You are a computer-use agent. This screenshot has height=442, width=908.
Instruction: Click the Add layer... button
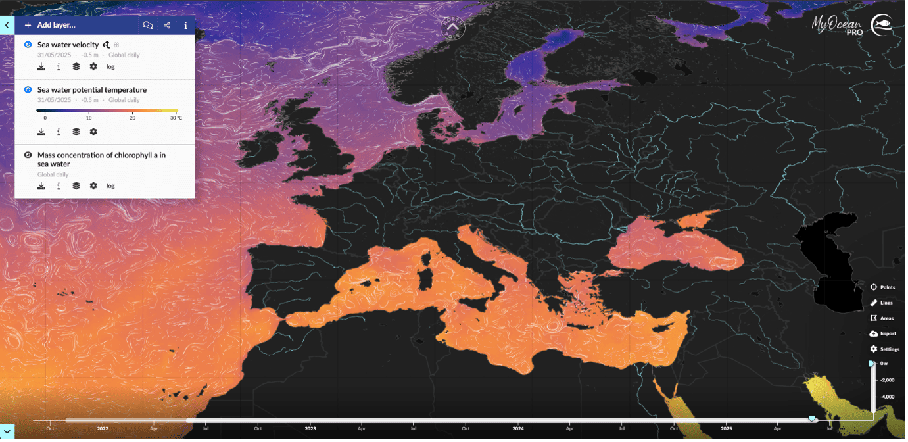[50, 25]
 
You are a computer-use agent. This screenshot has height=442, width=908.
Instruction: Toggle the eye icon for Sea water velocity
[28, 45]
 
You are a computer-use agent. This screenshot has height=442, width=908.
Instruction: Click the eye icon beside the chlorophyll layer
[28, 155]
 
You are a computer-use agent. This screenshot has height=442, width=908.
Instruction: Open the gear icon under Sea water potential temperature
[93, 132]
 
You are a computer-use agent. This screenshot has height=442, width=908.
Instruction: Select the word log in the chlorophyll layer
[110, 186]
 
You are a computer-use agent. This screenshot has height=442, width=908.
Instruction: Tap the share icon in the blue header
[167, 26]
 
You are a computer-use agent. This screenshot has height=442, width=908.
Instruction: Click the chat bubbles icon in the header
[148, 26]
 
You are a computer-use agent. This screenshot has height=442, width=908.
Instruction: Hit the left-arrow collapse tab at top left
[7, 25]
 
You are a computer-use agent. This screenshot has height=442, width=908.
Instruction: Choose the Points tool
[882, 287]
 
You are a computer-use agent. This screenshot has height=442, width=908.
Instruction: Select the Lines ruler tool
[882, 303]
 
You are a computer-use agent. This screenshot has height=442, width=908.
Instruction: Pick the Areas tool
[882, 318]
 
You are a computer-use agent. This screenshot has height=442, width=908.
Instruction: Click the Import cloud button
[882, 333]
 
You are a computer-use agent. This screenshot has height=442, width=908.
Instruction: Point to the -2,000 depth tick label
[888, 380]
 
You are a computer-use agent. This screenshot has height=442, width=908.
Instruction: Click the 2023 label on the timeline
[310, 428]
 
